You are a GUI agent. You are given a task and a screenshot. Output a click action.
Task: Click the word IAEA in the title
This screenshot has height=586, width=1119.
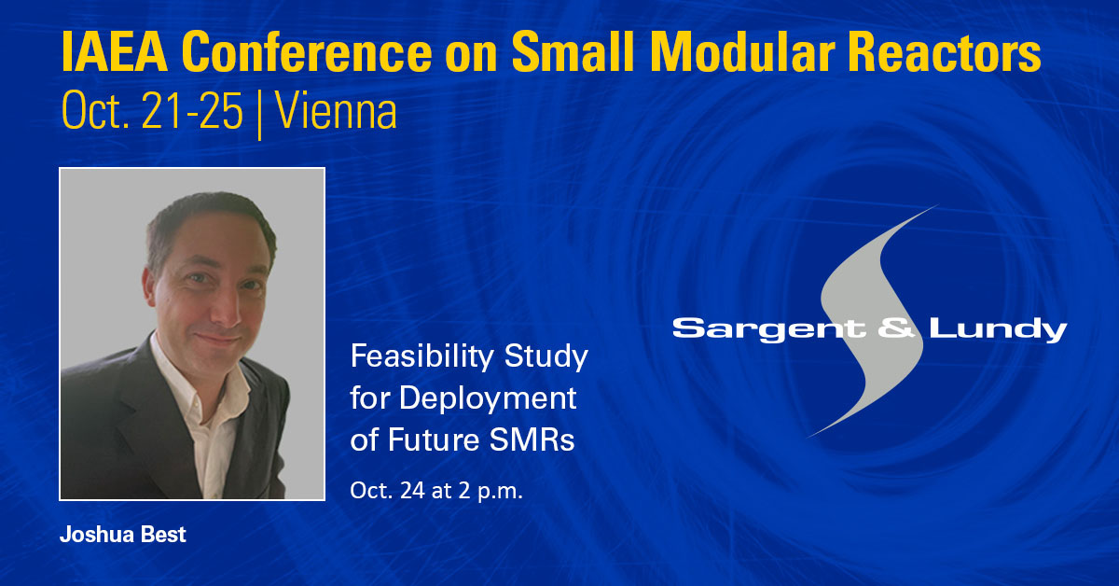coord(115,52)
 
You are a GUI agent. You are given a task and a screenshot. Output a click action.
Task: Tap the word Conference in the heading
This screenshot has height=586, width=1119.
coord(306,52)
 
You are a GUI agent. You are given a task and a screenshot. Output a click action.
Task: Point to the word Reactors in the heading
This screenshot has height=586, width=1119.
coord(944,52)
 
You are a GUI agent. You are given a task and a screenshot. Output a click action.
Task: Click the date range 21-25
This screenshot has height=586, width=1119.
coord(192,111)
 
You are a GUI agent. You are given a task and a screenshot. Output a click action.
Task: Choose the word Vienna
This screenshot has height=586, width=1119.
coord(336,111)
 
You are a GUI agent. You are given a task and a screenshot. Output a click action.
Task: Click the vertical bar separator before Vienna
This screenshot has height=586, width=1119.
coord(259,115)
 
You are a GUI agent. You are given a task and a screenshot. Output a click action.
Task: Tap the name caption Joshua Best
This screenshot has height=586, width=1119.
coord(123,535)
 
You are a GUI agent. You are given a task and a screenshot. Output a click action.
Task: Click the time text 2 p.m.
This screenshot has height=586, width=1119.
coord(490,491)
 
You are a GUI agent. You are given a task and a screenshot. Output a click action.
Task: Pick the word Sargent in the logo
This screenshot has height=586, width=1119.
coord(768,329)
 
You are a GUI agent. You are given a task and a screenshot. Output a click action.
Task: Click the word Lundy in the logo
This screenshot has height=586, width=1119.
coord(998,330)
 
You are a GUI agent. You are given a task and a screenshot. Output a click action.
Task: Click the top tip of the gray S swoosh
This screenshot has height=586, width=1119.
coord(937,205)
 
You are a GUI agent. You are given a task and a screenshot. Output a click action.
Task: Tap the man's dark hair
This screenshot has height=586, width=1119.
coord(210,220)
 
